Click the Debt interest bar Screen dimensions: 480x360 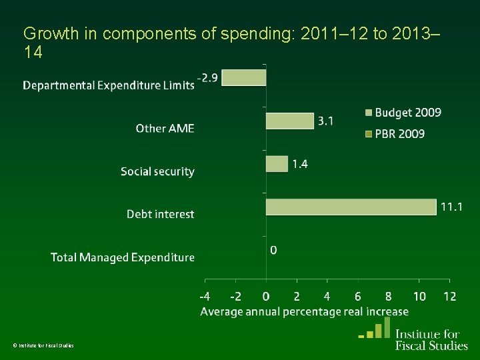pos(351,207)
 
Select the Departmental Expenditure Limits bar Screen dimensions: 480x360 pos(244,78)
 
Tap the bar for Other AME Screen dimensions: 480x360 pos(290,121)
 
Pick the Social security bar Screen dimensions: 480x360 pos(277,164)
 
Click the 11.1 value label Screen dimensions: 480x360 pos(451,207)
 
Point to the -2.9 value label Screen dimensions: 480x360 pos(207,78)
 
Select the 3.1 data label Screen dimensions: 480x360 pos(325,121)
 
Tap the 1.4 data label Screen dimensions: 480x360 pos(300,165)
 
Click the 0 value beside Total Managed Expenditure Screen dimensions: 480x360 pos(273,250)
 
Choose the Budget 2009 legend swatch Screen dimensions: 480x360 pos(369,113)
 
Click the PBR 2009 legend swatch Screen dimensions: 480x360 pos(369,134)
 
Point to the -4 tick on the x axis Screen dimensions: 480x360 pos(205,296)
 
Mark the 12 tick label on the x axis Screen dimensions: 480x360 pos(450,296)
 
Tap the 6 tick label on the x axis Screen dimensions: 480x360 pos(357,296)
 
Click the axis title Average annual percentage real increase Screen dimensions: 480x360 pos(304,311)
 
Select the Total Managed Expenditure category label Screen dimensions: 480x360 pos(123,257)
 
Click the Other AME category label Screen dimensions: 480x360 pos(165,128)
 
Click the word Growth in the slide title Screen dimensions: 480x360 pos(51,33)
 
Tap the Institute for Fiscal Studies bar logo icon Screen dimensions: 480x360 pos(375,327)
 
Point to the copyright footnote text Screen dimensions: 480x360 pos(43,345)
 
